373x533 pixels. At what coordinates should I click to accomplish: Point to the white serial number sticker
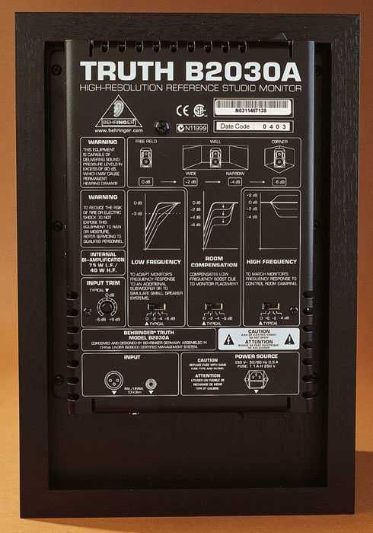[x=251, y=107]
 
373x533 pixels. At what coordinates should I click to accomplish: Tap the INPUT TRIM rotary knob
[x=107, y=308]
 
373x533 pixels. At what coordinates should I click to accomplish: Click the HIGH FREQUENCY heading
[x=271, y=261]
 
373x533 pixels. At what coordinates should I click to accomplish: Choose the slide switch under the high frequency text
[x=270, y=308]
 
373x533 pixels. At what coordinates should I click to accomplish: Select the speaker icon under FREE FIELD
[x=147, y=158]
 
